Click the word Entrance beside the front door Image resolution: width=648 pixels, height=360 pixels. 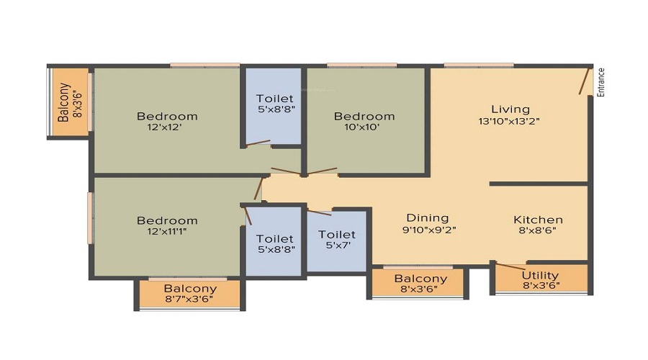[601, 83]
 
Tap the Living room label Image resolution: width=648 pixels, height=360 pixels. [510, 109]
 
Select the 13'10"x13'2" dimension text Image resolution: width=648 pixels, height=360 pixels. [509, 121]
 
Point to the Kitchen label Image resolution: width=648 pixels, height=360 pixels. [538, 220]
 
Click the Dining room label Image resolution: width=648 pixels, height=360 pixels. [428, 218]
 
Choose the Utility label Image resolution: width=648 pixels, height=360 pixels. [540, 275]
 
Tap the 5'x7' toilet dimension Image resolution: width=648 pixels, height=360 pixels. [338, 246]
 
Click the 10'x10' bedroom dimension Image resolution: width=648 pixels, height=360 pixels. [362, 127]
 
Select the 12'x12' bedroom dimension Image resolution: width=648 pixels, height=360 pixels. [164, 127]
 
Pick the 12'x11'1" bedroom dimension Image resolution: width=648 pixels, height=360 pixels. [167, 231]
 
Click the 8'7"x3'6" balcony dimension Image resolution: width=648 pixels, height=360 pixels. [189, 299]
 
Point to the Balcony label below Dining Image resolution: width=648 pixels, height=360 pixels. [420, 279]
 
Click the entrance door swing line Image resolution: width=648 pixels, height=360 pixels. [584, 81]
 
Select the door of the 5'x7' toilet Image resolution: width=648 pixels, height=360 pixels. [319, 212]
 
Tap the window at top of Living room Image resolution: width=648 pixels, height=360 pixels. [479, 66]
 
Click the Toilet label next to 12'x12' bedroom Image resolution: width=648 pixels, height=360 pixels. [275, 99]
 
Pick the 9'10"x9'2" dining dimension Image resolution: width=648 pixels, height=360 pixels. [429, 230]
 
